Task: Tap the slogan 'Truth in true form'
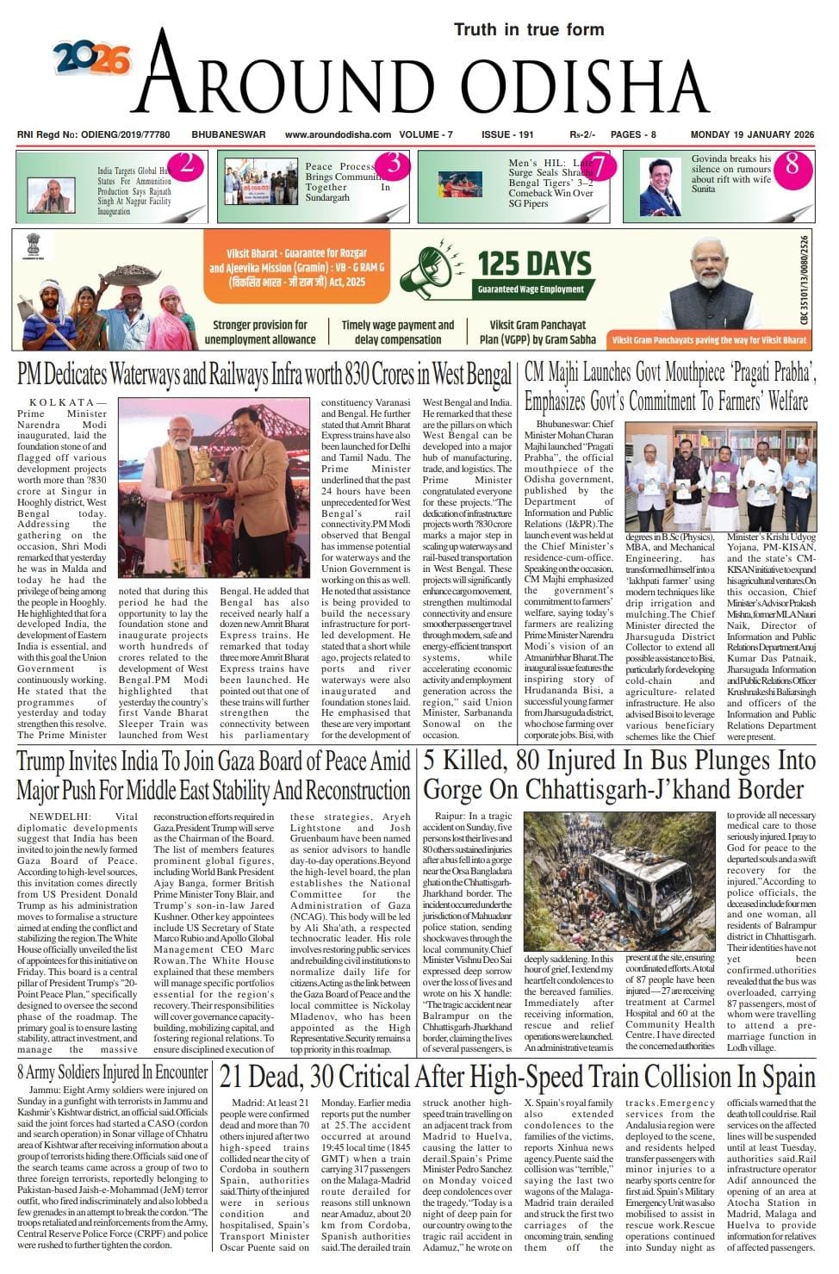pyautogui.click(x=529, y=30)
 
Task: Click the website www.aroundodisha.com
pyautogui.click(x=338, y=135)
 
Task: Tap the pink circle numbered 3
pyautogui.click(x=393, y=164)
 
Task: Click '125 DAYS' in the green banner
pyautogui.click(x=534, y=264)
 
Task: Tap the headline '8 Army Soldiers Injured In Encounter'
pyautogui.click(x=113, y=1073)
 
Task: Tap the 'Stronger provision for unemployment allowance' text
pyautogui.click(x=260, y=332)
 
